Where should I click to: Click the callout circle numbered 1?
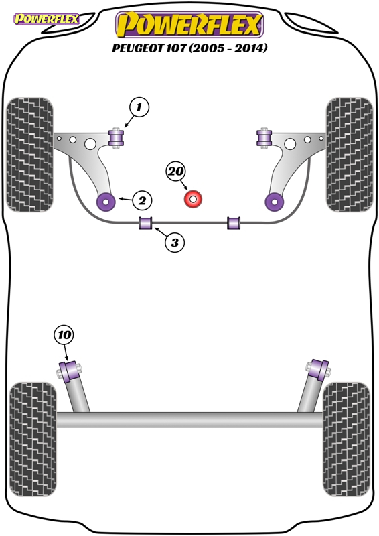point(139,107)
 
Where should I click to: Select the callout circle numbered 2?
point(142,200)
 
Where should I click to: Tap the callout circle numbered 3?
point(175,243)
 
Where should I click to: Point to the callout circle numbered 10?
point(64,334)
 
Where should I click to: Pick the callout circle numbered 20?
point(175,172)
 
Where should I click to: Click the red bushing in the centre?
point(193,199)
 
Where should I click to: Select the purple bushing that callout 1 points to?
point(117,138)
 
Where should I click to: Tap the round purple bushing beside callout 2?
point(106,202)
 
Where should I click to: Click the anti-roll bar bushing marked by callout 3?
point(146,223)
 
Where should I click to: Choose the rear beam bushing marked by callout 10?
point(70,371)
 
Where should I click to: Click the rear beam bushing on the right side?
point(318,370)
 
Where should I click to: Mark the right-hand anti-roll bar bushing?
point(234,223)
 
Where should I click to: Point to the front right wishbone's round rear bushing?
point(275,202)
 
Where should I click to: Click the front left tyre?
point(30,155)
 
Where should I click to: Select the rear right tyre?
point(346,440)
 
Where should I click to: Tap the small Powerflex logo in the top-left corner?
point(47,19)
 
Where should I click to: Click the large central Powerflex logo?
point(189,25)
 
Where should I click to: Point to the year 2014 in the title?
point(252,48)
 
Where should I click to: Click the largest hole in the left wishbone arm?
point(90,144)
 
